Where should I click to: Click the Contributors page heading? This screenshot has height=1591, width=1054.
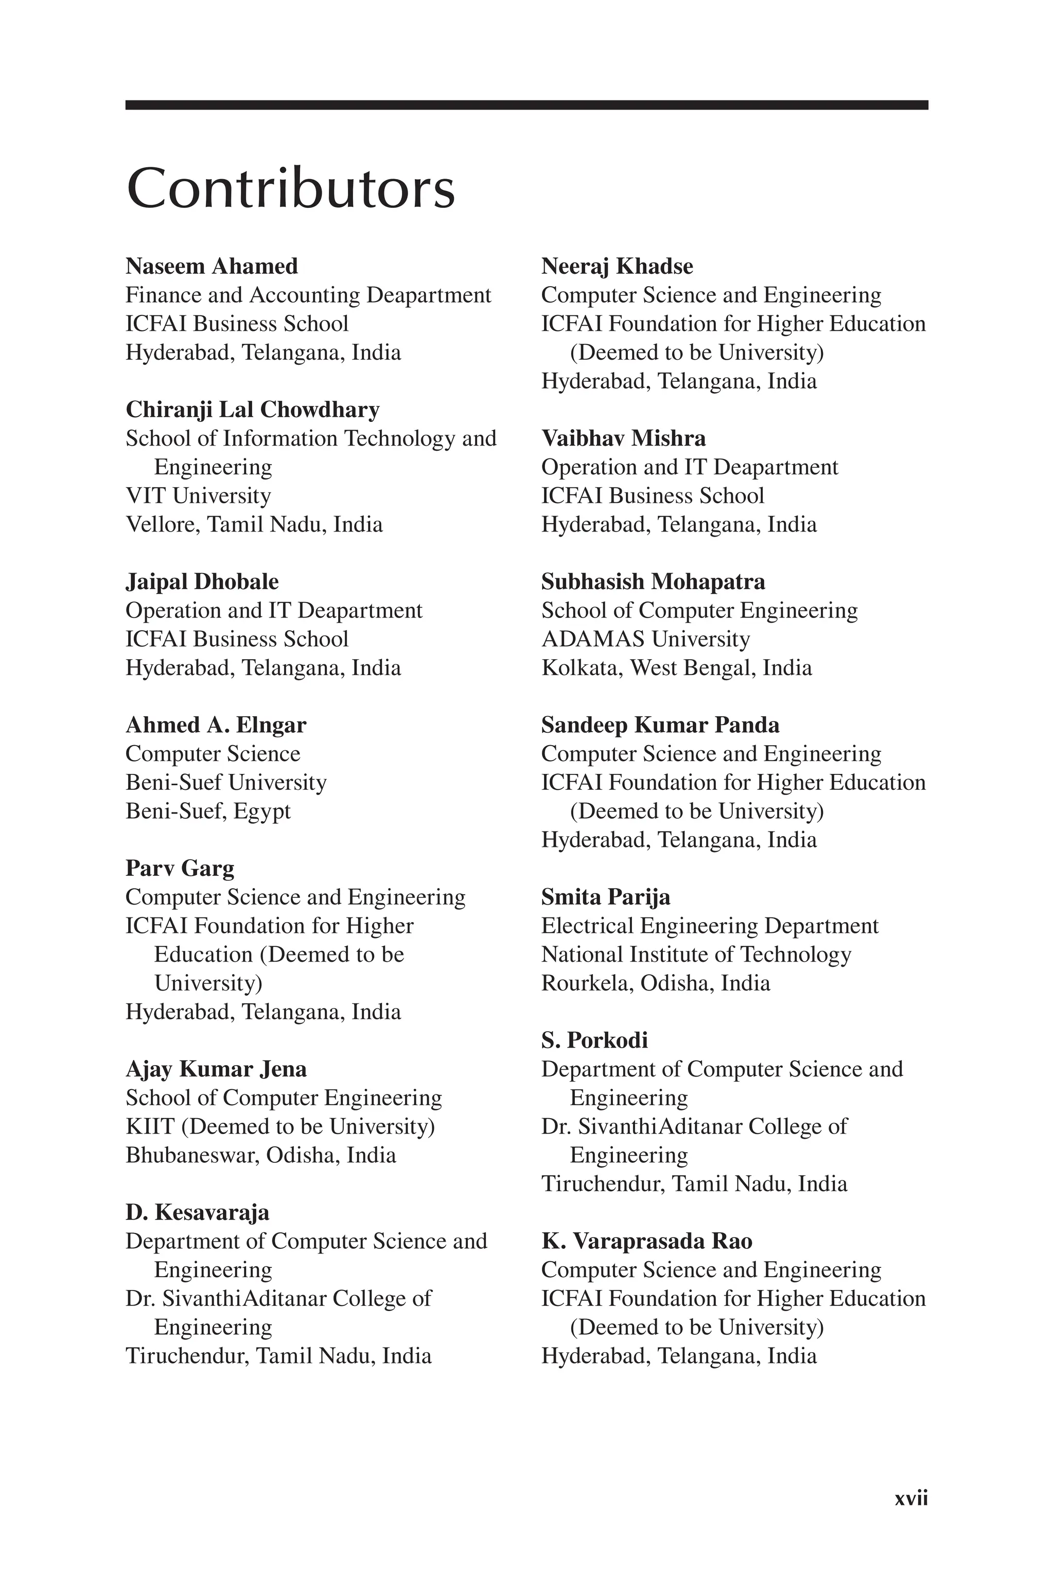click(290, 188)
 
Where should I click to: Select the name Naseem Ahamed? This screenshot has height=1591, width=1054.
click(212, 266)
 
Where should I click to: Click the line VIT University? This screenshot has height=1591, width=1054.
click(198, 496)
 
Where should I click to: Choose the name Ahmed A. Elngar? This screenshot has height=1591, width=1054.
click(216, 725)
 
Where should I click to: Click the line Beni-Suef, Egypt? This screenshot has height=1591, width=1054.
click(208, 811)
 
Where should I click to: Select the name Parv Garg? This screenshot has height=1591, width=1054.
click(180, 868)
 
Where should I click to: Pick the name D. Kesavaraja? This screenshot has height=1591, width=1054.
click(197, 1212)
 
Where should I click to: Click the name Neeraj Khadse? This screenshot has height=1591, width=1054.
click(617, 266)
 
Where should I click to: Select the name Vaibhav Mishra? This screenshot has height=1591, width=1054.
click(623, 438)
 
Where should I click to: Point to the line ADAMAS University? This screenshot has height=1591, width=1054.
click(645, 639)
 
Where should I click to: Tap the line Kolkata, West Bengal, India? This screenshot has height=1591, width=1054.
click(676, 668)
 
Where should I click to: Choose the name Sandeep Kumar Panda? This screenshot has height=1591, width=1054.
click(660, 725)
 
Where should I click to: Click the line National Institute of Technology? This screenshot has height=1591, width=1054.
click(696, 954)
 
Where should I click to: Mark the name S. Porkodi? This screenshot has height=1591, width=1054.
click(594, 1040)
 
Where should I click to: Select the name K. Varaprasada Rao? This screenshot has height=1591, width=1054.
click(646, 1241)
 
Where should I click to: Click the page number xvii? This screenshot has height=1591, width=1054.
click(911, 1517)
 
